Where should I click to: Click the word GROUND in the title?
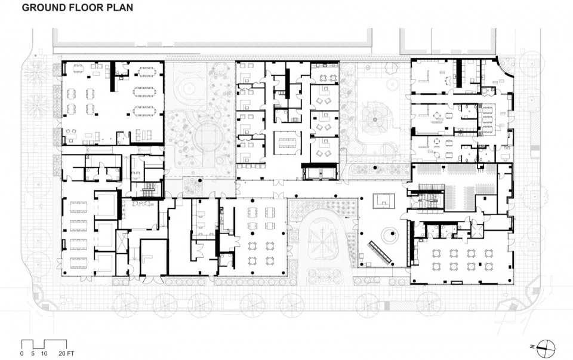click(x=45, y=7)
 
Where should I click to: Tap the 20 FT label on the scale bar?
click(x=66, y=353)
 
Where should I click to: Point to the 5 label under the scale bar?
click(x=33, y=353)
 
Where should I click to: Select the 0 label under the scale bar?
click(x=22, y=353)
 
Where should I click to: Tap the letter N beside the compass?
click(x=533, y=346)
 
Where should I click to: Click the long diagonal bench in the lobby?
click(x=380, y=252)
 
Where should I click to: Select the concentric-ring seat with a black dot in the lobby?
click(x=389, y=234)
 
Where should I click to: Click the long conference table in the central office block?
click(x=287, y=142)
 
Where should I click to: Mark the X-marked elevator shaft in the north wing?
click(x=122, y=241)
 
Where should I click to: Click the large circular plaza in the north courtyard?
click(x=208, y=138)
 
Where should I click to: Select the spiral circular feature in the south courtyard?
click(x=374, y=119)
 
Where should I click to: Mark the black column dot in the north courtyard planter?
click(x=199, y=180)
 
